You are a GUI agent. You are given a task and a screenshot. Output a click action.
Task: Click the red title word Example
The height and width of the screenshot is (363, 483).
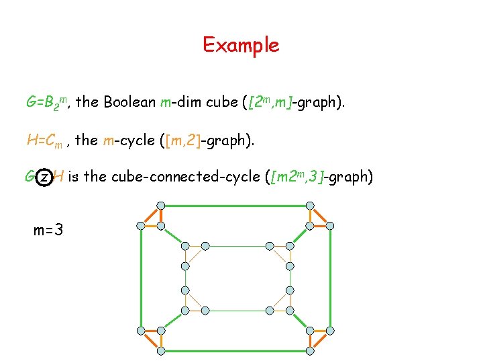241,45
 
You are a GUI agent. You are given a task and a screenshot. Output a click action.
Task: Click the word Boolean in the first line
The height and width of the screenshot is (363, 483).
131,103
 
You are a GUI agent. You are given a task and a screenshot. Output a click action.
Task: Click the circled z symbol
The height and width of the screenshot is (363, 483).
44,177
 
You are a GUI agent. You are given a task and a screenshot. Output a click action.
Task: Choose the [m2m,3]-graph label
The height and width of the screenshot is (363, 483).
321,177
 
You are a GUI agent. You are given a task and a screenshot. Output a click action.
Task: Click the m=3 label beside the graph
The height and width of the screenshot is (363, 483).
48,231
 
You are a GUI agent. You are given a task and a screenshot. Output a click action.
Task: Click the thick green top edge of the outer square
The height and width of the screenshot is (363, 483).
235,206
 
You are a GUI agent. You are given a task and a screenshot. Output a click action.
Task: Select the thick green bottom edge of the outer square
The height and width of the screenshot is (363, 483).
235,351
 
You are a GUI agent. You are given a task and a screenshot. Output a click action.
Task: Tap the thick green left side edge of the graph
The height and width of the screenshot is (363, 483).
141,278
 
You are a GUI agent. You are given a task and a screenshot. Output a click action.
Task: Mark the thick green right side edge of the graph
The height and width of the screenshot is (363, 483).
331,278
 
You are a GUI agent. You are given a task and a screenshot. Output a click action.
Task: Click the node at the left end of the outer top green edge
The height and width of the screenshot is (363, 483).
161,205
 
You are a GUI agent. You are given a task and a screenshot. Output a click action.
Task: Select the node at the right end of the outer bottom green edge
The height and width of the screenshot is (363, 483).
311,351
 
